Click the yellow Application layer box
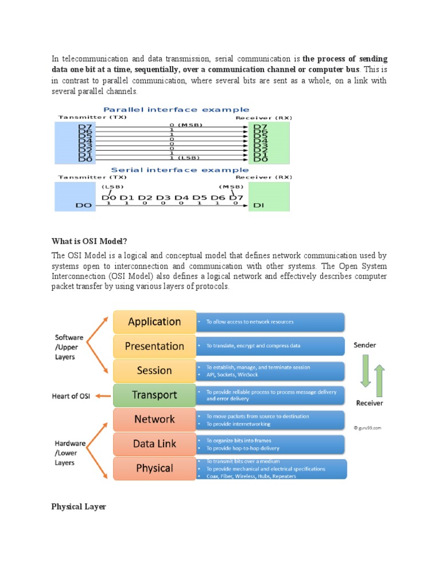[154, 322]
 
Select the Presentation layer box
[154, 346]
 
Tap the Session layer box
[154, 371]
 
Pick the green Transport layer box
[154, 395]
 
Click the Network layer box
[154, 419]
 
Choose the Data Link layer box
[154, 444]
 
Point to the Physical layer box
[154, 468]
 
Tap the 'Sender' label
[365, 346]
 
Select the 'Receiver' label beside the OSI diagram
[369, 403]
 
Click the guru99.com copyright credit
[367, 427]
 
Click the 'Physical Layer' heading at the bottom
[78, 506]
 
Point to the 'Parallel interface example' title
[175, 109]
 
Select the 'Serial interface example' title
[179, 170]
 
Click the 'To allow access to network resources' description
[249, 322]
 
